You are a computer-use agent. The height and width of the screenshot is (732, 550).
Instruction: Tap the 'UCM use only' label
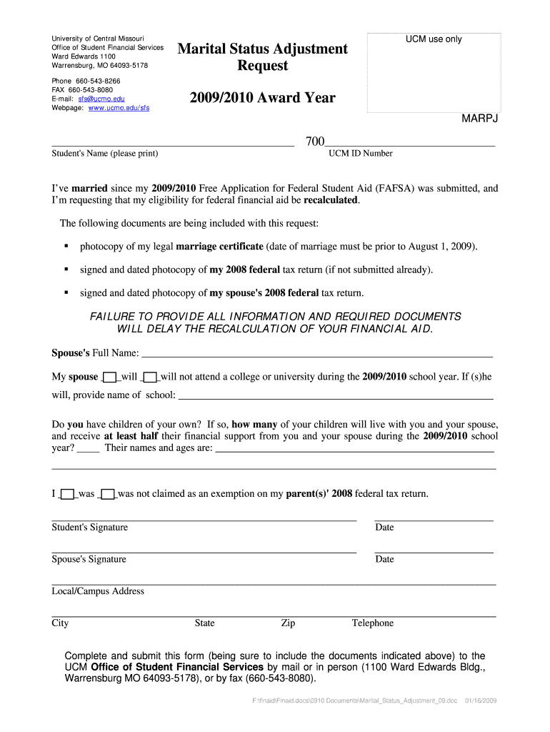click(x=434, y=39)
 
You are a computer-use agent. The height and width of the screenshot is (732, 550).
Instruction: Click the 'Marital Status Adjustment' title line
click(x=262, y=49)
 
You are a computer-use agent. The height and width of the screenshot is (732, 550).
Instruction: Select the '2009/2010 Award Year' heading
click(x=262, y=98)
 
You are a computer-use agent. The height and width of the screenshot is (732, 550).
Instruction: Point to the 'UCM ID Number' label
click(x=360, y=153)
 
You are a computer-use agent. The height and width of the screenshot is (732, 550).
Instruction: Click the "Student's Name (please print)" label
click(x=105, y=153)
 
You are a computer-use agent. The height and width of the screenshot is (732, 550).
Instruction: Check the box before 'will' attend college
click(x=109, y=377)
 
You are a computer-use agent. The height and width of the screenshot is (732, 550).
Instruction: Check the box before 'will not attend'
click(x=149, y=377)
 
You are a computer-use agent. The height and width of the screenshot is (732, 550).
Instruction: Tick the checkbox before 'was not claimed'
click(x=108, y=494)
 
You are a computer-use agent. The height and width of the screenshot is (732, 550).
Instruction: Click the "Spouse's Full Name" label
click(x=95, y=353)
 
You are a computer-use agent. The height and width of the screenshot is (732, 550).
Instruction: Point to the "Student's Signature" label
click(x=89, y=528)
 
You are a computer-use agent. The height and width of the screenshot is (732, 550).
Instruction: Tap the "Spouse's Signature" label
click(x=89, y=559)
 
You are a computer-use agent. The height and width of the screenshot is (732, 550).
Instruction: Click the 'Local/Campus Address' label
click(x=98, y=591)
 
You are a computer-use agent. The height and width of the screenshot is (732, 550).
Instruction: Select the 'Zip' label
click(x=288, y=623)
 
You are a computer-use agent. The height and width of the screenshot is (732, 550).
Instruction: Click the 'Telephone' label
click(x=372, y=623)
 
